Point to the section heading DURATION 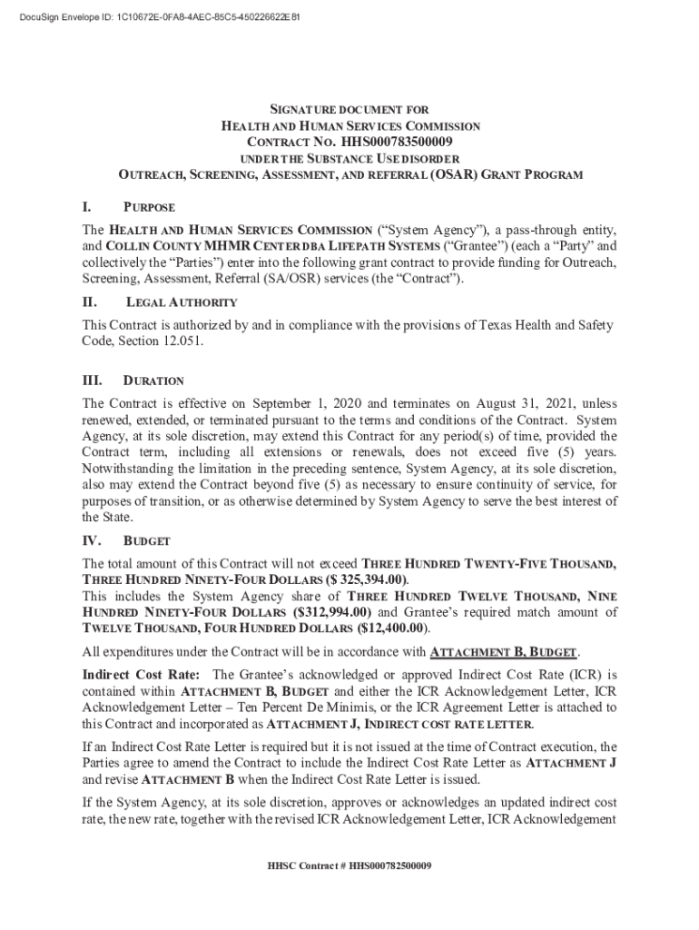click(153, 381)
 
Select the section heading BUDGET click(146, 541)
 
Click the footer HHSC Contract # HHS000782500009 click(349, 866)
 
